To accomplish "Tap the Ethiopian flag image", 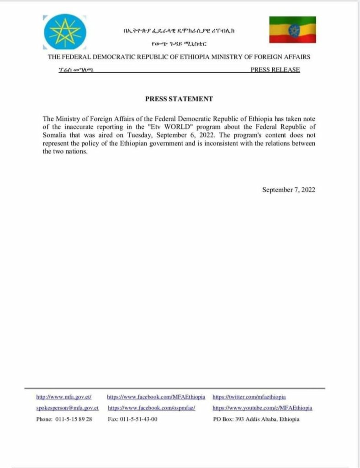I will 292,30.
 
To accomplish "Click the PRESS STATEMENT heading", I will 179,99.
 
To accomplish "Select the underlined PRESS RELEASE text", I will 275,70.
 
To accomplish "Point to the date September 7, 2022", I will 289,190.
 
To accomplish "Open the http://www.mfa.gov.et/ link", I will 64,397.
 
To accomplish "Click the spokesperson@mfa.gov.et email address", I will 68,408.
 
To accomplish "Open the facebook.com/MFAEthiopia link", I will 156,397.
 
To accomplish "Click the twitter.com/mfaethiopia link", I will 249,397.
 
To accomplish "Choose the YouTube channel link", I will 263,408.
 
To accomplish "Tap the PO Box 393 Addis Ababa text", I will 256,419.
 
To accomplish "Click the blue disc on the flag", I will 293,30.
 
